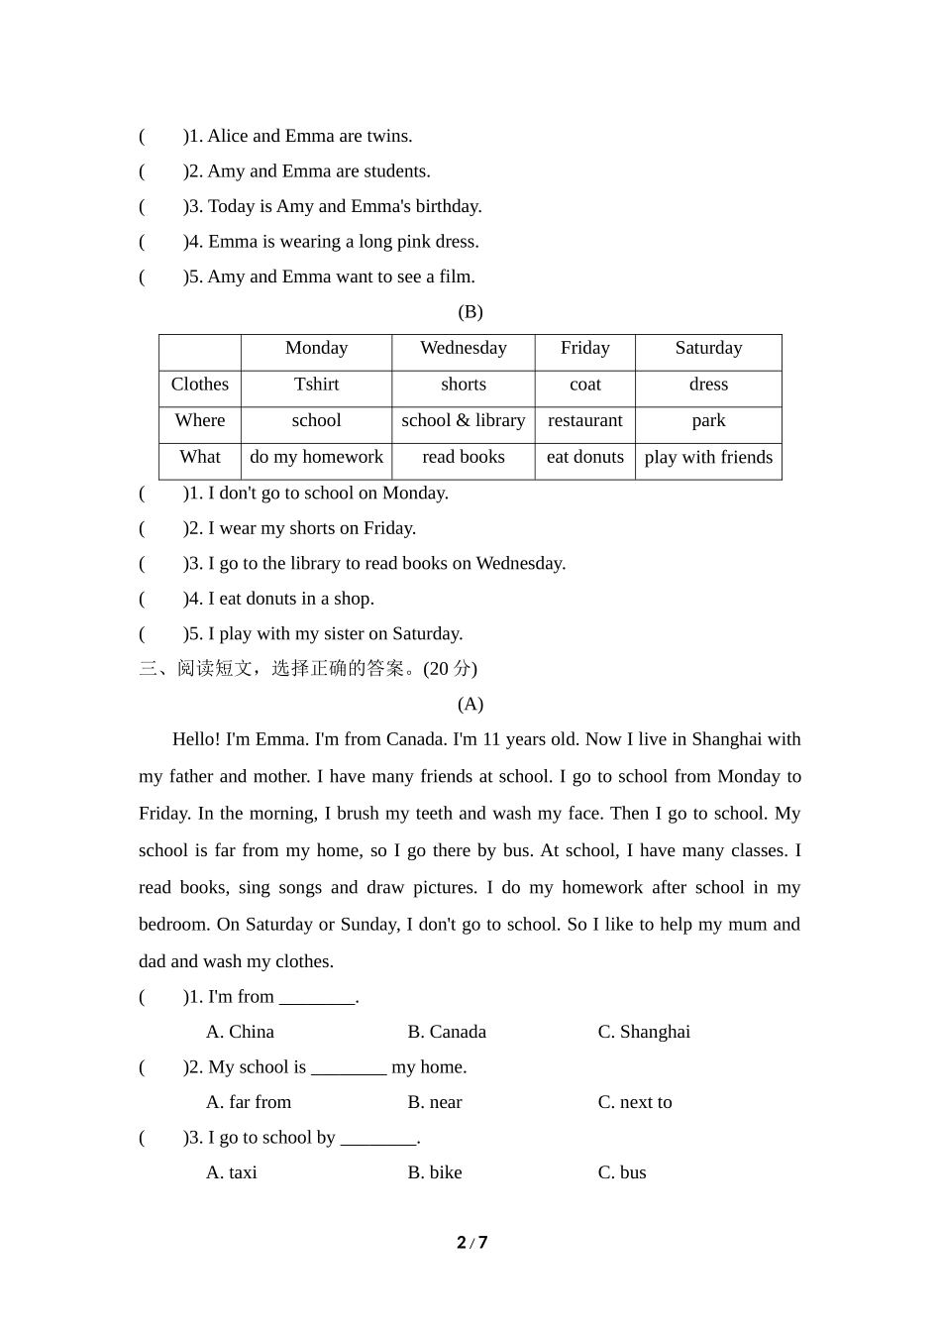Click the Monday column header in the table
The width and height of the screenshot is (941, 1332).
316,348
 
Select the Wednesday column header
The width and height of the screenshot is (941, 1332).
463,348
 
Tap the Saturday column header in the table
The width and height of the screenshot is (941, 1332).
708,348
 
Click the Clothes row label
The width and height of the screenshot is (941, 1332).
199,385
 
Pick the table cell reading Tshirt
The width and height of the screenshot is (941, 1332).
316,385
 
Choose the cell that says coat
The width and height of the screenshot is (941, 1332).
584,385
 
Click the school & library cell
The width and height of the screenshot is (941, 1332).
463,420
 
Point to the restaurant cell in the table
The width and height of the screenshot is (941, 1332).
584,420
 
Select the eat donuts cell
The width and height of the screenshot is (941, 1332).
584,457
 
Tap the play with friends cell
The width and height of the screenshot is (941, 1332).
708,457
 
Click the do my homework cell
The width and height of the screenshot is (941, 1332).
316,457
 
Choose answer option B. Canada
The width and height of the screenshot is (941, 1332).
447,1032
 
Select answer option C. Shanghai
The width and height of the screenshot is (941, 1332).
644,1032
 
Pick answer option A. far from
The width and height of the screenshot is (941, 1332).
249,1102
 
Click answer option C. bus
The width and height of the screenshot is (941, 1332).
622,1172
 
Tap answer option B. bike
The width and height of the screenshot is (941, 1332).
435,1172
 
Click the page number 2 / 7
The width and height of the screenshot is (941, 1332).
471,1243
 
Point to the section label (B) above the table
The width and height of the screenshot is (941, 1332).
470,312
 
